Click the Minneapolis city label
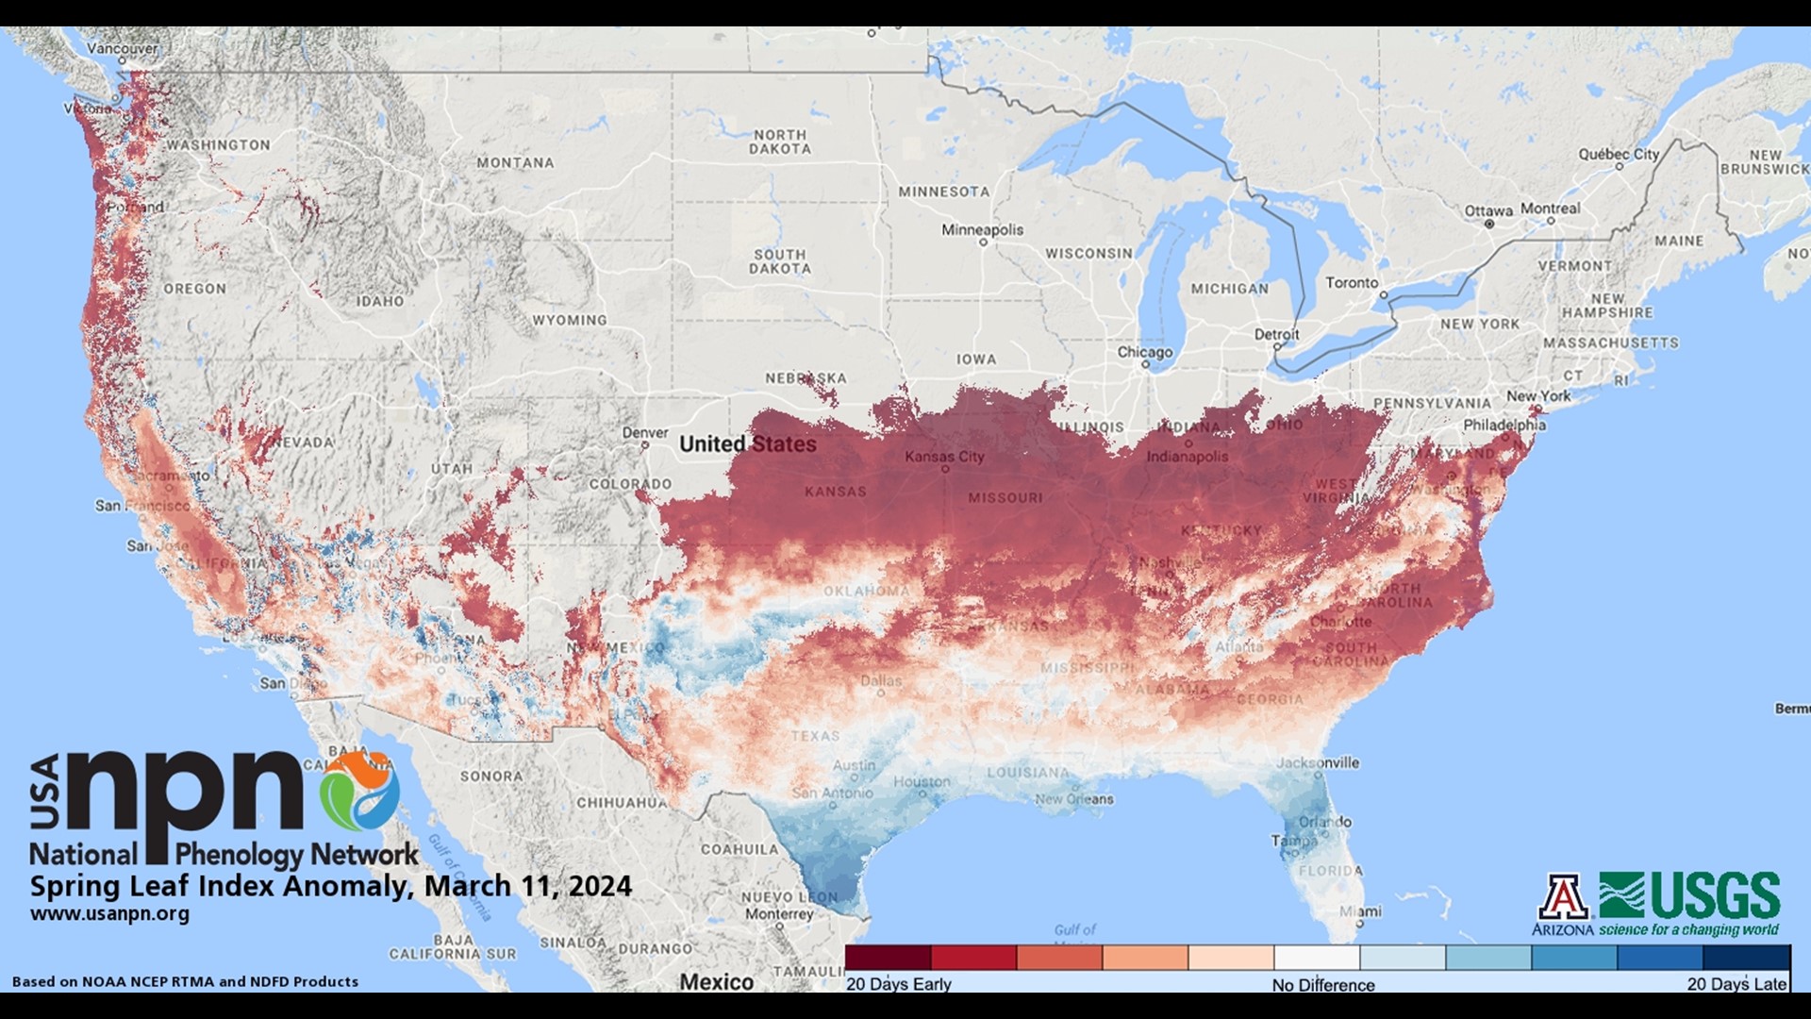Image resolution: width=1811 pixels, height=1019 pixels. [982, 230]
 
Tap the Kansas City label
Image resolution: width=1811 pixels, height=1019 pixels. [944, 457]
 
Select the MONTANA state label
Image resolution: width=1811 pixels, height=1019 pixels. [515, 163]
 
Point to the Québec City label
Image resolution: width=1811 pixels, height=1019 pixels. [1619, 154]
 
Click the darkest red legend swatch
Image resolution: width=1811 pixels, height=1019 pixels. [888, 958]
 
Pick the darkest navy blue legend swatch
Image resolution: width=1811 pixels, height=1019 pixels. [1746, 958]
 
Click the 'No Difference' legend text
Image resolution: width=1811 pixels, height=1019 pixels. [1322, 985]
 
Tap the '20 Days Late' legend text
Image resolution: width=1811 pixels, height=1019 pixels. [1736, 984]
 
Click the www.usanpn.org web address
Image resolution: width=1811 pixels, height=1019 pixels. [109, 914]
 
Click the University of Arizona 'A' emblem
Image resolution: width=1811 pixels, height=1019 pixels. [1563, 897]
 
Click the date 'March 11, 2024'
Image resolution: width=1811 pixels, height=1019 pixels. [527, 886]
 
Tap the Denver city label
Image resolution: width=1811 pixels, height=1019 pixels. [645, 433]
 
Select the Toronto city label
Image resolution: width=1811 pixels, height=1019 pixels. [1352, 283]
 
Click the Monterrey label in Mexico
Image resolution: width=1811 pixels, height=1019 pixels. [778, 913]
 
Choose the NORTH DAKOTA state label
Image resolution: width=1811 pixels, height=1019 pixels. [780, 142]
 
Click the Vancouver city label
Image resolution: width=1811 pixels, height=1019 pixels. [123, 48]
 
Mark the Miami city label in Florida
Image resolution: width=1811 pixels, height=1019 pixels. [1361, 911]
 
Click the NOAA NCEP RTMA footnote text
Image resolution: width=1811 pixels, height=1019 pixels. [185, 981]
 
